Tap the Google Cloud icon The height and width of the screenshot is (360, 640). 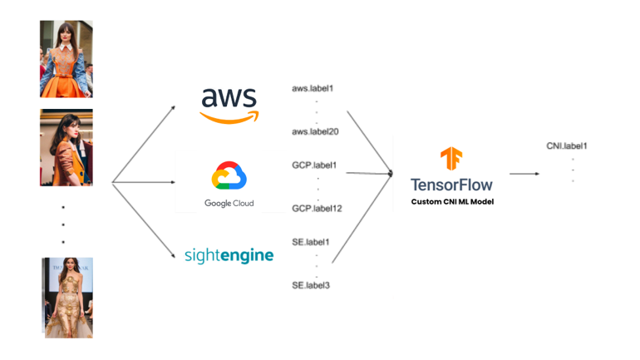(x=229, y=176)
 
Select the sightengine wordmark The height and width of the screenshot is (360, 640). (x=229, y=255)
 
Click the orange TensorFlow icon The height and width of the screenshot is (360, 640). (x=451, y=158)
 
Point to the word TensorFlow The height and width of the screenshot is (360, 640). (x=451, y=185)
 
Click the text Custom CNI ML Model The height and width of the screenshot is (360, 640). (x=451, y=202)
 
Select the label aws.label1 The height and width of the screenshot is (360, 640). (x=313, y=88)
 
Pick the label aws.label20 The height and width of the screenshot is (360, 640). (x=315, y=132)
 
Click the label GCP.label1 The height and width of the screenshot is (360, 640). (x=314, y=165)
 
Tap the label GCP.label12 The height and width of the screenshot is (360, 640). (x=317, y=209)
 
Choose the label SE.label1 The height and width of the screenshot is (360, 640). (x=311, y=243)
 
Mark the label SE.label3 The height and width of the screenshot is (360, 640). (x=311, y=286)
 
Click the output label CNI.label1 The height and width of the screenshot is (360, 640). (x=567, y=146)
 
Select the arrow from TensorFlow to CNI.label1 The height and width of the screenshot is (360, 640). (x=524, y=174)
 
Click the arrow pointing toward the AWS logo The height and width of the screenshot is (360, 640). (x=144, y=144)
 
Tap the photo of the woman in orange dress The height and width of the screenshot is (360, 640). (x=66, y=60)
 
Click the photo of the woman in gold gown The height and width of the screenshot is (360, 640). (x=68, y=297)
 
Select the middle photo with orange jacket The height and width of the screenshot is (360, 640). (x=66, y=147)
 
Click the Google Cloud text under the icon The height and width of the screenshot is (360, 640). (x=229, y=204)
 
